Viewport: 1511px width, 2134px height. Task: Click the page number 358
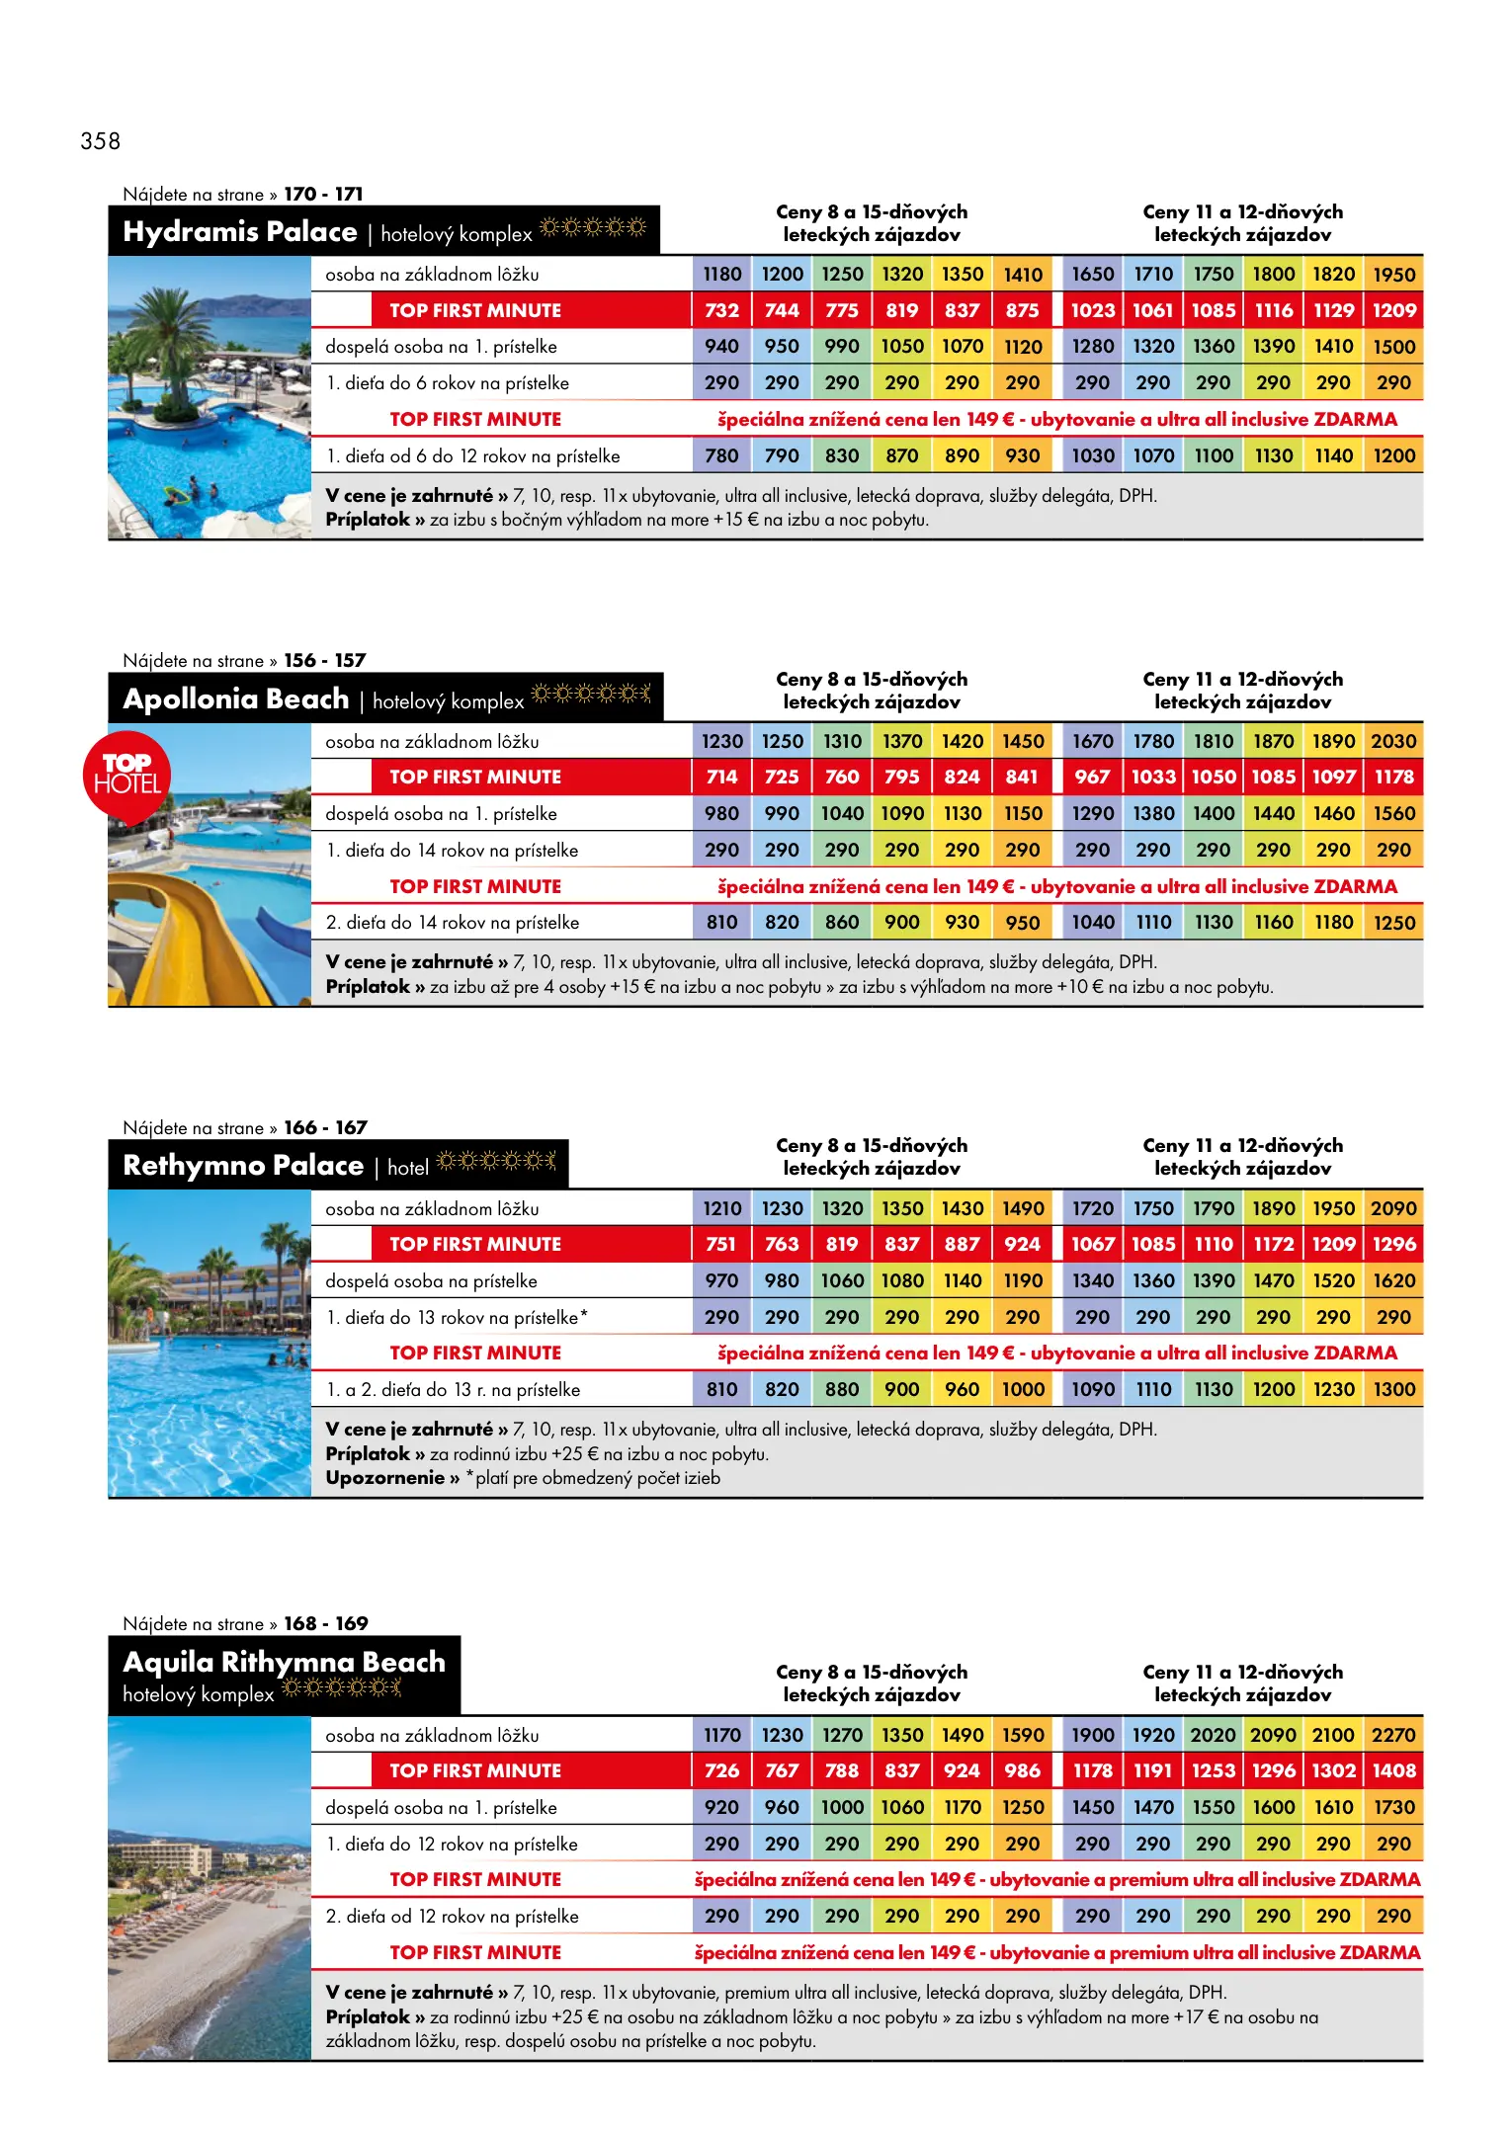(100, 141)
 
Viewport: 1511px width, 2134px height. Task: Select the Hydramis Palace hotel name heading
(240, 232)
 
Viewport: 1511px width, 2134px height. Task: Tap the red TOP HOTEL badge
(126, 775)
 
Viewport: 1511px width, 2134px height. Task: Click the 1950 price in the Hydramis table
(1393, 275)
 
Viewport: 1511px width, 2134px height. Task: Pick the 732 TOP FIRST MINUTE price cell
(721, 310)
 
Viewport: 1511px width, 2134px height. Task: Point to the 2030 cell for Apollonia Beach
(1393, 741)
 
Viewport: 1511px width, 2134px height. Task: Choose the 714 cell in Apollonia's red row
(721, 778)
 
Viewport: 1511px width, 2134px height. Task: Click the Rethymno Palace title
(243, 1166)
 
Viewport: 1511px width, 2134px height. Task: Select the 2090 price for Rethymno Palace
(1393, 1208)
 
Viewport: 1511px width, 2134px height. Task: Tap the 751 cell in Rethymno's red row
(721, 1245)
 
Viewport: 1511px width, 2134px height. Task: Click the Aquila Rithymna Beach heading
(284, 1662)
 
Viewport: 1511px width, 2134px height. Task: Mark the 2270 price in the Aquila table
(1393, 1735)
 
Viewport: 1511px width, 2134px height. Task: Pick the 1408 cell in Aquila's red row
(1393, 1771)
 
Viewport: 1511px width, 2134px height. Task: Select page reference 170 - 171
(323, 195)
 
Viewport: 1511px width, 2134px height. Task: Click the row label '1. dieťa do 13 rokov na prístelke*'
(457, 1318)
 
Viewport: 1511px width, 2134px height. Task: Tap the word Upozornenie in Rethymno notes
(384, 1478)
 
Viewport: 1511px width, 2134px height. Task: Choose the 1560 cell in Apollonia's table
(1393, 814)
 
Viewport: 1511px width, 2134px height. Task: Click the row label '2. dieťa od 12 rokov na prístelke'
(452, 1917)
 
